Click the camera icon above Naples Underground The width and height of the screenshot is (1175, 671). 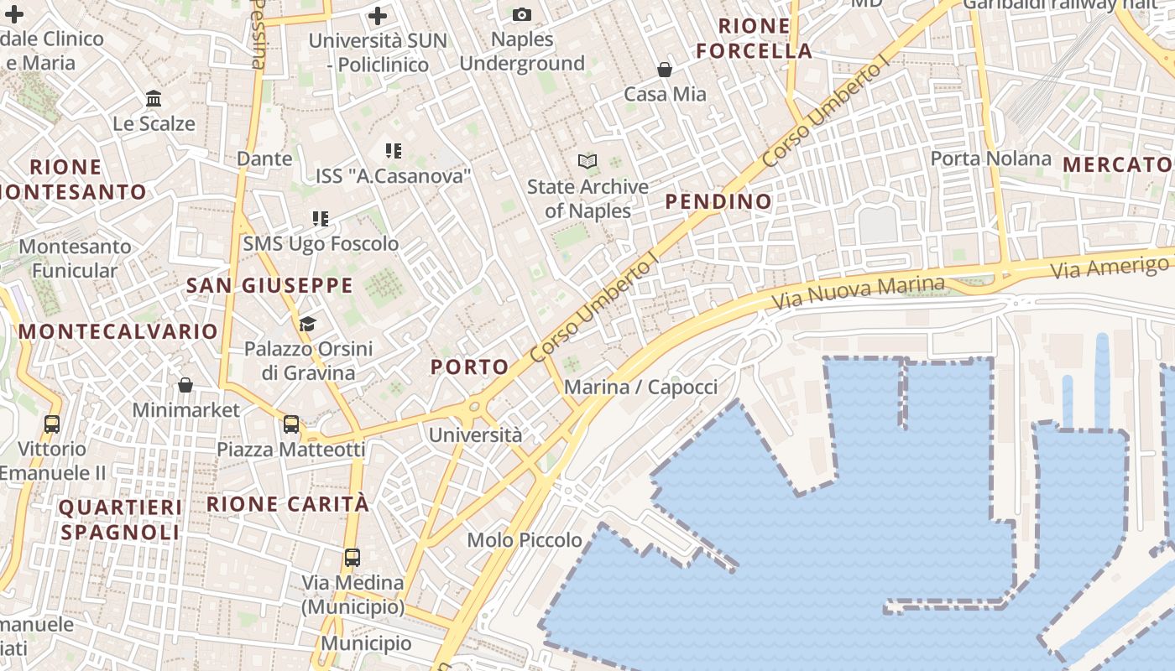[x=521, y=14]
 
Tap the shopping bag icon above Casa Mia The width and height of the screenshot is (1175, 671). [x=665, y=69]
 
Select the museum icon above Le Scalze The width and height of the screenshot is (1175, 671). [x=154, y=99]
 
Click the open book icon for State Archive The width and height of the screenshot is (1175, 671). [x=587, y=161]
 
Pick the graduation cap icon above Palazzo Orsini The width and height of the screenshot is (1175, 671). [x=307, y=324]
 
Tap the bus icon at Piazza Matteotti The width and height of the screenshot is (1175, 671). [x=290, y=424]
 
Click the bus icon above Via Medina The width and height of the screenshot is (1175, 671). [x=352, y=558]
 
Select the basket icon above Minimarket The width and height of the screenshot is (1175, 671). [x=185, y=385]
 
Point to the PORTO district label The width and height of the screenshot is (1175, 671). [x=470, y=367]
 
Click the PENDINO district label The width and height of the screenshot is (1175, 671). [x=718, y=201]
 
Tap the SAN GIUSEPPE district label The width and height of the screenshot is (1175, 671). [x=269, y=286]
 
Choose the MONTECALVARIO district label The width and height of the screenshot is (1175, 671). [x=118, y=331]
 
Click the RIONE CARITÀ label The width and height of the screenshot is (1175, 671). [x=288, y=504]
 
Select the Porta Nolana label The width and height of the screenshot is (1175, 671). [x=990, y=159]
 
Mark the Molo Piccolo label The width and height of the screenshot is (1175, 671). [x=525, y=540]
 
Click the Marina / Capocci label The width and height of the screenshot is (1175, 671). [x=640, y=387]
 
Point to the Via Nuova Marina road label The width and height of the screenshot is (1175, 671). [x=858, y=293]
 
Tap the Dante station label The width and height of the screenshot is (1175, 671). [x=264, y=159]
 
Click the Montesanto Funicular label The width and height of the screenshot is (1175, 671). [x=75, y=258]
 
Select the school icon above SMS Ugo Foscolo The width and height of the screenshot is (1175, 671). [x=320, y=219]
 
